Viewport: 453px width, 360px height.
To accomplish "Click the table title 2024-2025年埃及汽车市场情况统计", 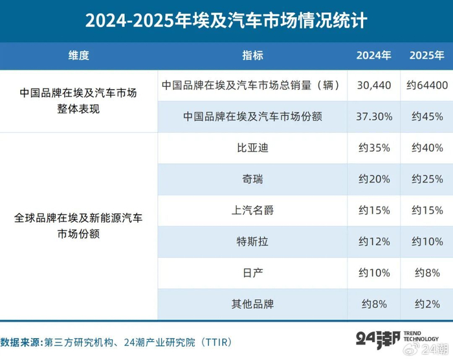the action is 226,21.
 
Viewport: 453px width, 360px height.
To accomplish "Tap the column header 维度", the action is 78,55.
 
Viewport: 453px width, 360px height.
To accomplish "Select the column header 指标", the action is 252,55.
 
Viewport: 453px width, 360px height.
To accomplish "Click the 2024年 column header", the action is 374,55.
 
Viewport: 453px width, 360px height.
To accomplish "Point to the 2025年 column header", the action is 426,55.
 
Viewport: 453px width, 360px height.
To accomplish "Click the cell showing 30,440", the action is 374,85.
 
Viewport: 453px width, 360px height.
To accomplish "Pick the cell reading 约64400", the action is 427,85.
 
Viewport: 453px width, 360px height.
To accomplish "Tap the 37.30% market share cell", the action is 374,117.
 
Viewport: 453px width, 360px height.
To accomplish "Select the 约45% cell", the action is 427,117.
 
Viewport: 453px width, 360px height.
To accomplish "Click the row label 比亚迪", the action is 252,148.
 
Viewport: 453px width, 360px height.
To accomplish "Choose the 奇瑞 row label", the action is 252,179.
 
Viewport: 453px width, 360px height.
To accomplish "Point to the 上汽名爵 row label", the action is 252,210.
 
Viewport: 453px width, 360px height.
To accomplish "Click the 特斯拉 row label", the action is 252,242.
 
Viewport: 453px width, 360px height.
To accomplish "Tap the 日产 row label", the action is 252,273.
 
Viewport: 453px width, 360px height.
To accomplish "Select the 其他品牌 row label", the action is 252,304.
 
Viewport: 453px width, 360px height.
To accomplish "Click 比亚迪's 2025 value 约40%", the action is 427,148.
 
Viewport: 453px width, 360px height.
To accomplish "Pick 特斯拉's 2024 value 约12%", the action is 374,242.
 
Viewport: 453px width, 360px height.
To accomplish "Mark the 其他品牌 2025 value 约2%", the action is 427,304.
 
